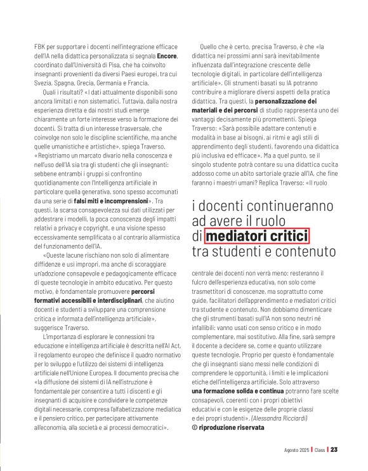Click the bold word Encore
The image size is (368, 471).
click(x=167, y=56)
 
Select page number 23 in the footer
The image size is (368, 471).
click(x=334, y=450)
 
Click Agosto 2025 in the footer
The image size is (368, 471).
click(x=298, y=450)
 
